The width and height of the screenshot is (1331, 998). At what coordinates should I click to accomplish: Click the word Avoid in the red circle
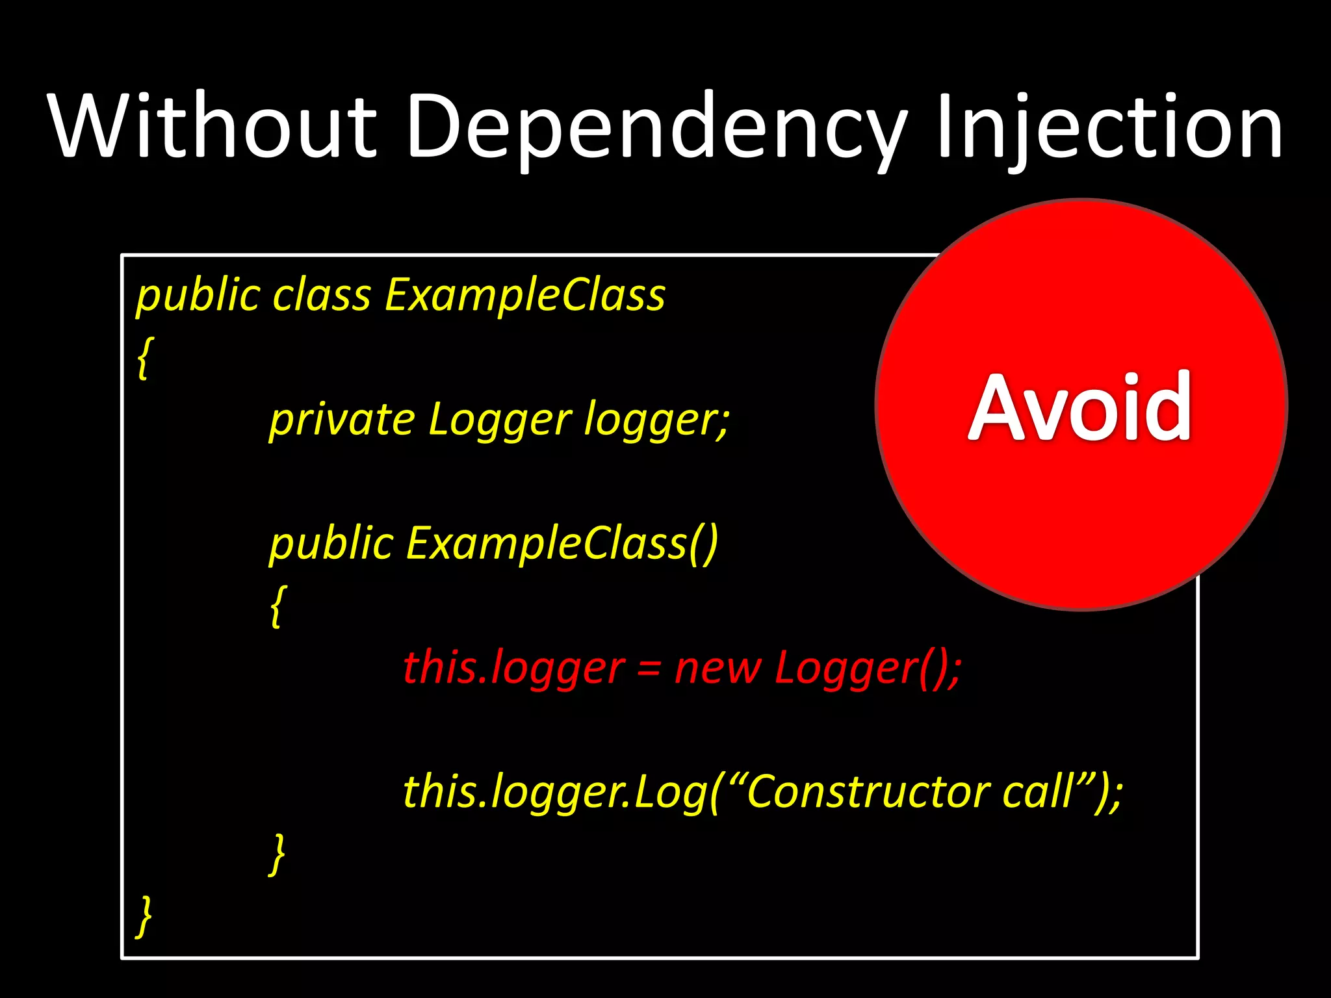tap(1080, 407)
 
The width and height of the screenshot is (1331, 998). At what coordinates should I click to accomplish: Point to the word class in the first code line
tap(322, 296)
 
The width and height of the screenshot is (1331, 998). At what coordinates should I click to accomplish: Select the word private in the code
tap(342, 420)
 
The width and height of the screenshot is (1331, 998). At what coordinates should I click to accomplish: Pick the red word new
tap(717, 669)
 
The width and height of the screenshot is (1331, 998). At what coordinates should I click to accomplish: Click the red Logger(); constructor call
tap(868, 669)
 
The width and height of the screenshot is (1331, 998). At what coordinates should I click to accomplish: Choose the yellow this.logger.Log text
tap(556, 793)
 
